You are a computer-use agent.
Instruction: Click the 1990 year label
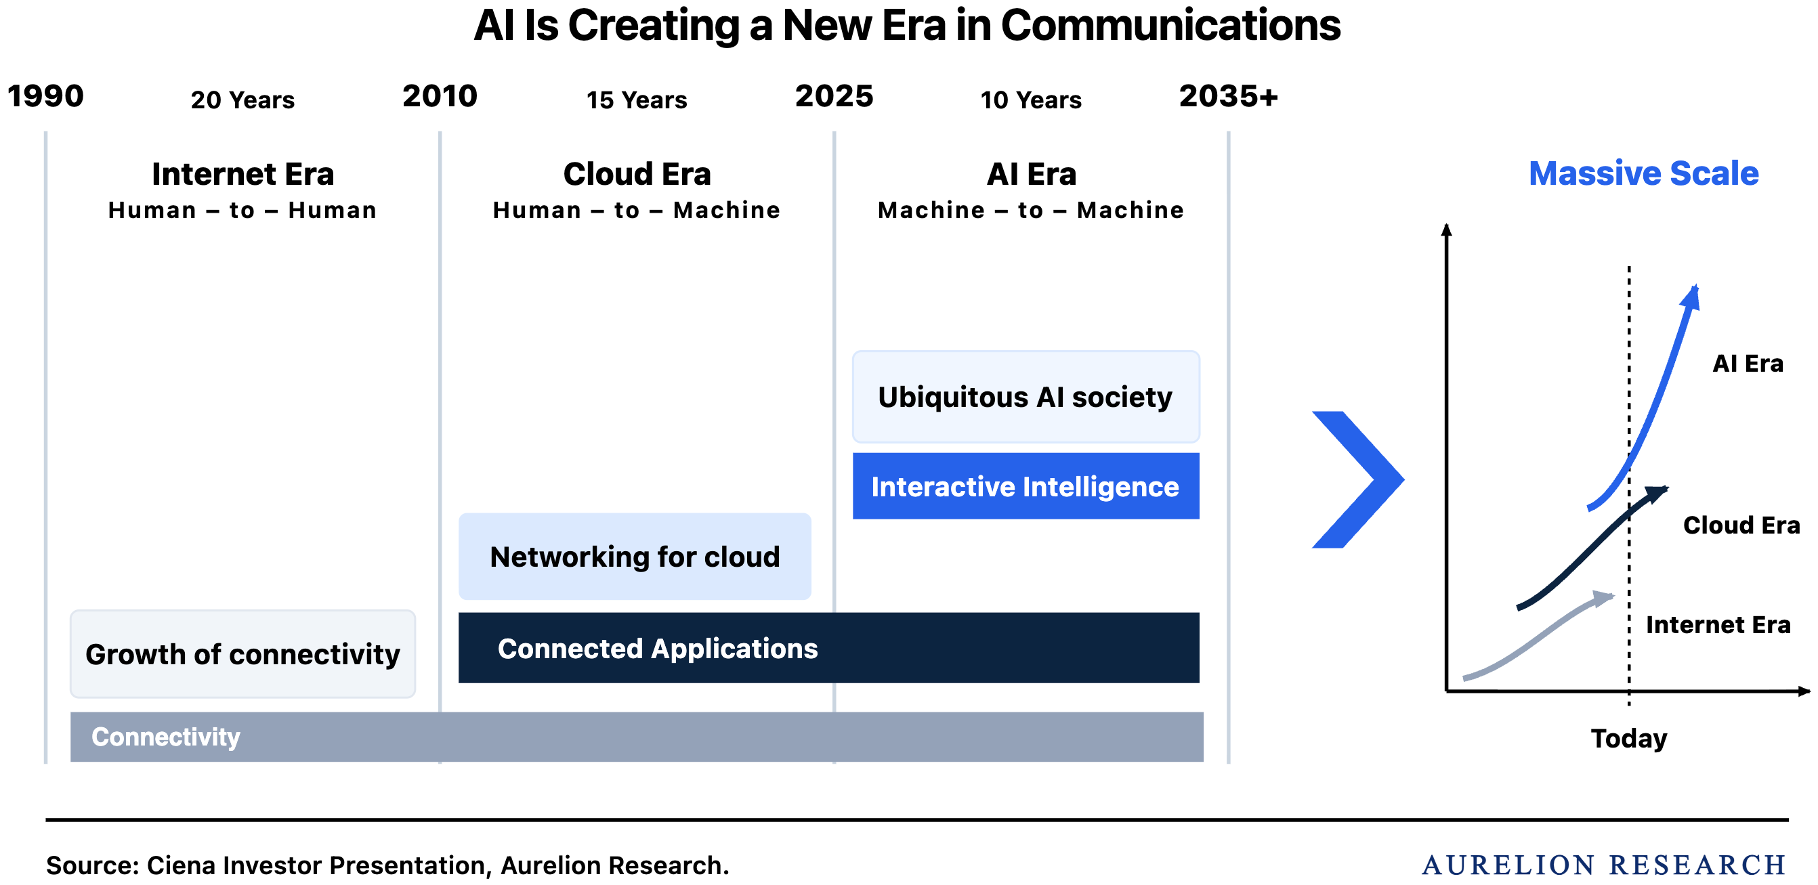(x=45, y=96)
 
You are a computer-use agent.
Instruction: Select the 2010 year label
(x=440, y=96)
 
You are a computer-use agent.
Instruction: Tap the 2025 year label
(x=834, y=96)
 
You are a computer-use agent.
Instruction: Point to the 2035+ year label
(x=1229, y=96)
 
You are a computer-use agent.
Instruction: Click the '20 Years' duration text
(x=242, y=100)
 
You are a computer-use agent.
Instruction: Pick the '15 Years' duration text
(x=637, y=100)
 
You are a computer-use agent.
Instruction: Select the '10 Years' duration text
(x=1031, y=100)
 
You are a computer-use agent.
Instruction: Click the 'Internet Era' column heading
(x=242, y=173)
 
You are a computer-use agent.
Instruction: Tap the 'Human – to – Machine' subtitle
(x=637, y=211)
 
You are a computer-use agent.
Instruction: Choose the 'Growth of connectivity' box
(x=242, y=654)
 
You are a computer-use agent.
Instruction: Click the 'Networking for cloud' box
(x=635, y=557)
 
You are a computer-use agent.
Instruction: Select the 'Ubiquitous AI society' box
(x=1026, y=397)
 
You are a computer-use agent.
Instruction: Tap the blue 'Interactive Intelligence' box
(x=1026, y=486)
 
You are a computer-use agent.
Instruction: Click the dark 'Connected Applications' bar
(x=828, y=648)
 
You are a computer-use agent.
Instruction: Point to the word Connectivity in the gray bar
(x=166, y=737)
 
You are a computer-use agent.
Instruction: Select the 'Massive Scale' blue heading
(x=1644, y=173)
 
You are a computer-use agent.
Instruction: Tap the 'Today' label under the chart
(x=1629, y=738)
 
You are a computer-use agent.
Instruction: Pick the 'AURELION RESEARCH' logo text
(x=1603, y=865)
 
